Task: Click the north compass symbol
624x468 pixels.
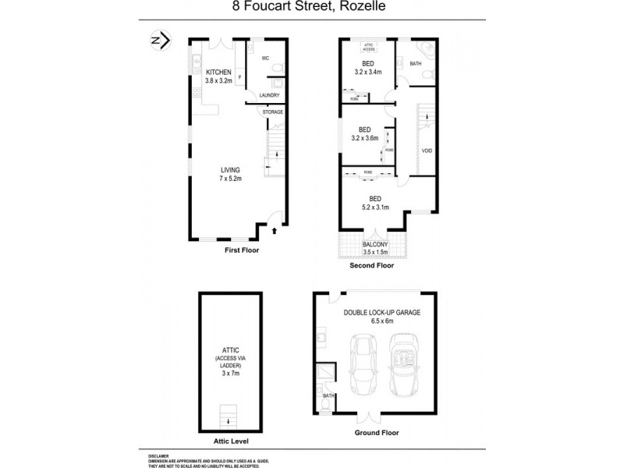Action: (x=159, y=41)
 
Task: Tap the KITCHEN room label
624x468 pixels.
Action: (x=218, y=76)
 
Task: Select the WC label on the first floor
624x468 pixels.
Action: (x=265, y=58)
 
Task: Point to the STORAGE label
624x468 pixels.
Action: (x=273, y=112)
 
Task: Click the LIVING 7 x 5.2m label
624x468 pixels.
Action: (x=230, y=174)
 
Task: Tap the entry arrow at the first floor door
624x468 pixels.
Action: (x=274, y=230)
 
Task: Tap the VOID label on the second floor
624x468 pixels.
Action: (x=427, y=151)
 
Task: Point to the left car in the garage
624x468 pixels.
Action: (x=364, y=364)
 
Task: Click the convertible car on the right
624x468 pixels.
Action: (x=404, y=364)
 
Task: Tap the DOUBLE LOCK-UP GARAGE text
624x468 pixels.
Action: (x=382, y=312)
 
